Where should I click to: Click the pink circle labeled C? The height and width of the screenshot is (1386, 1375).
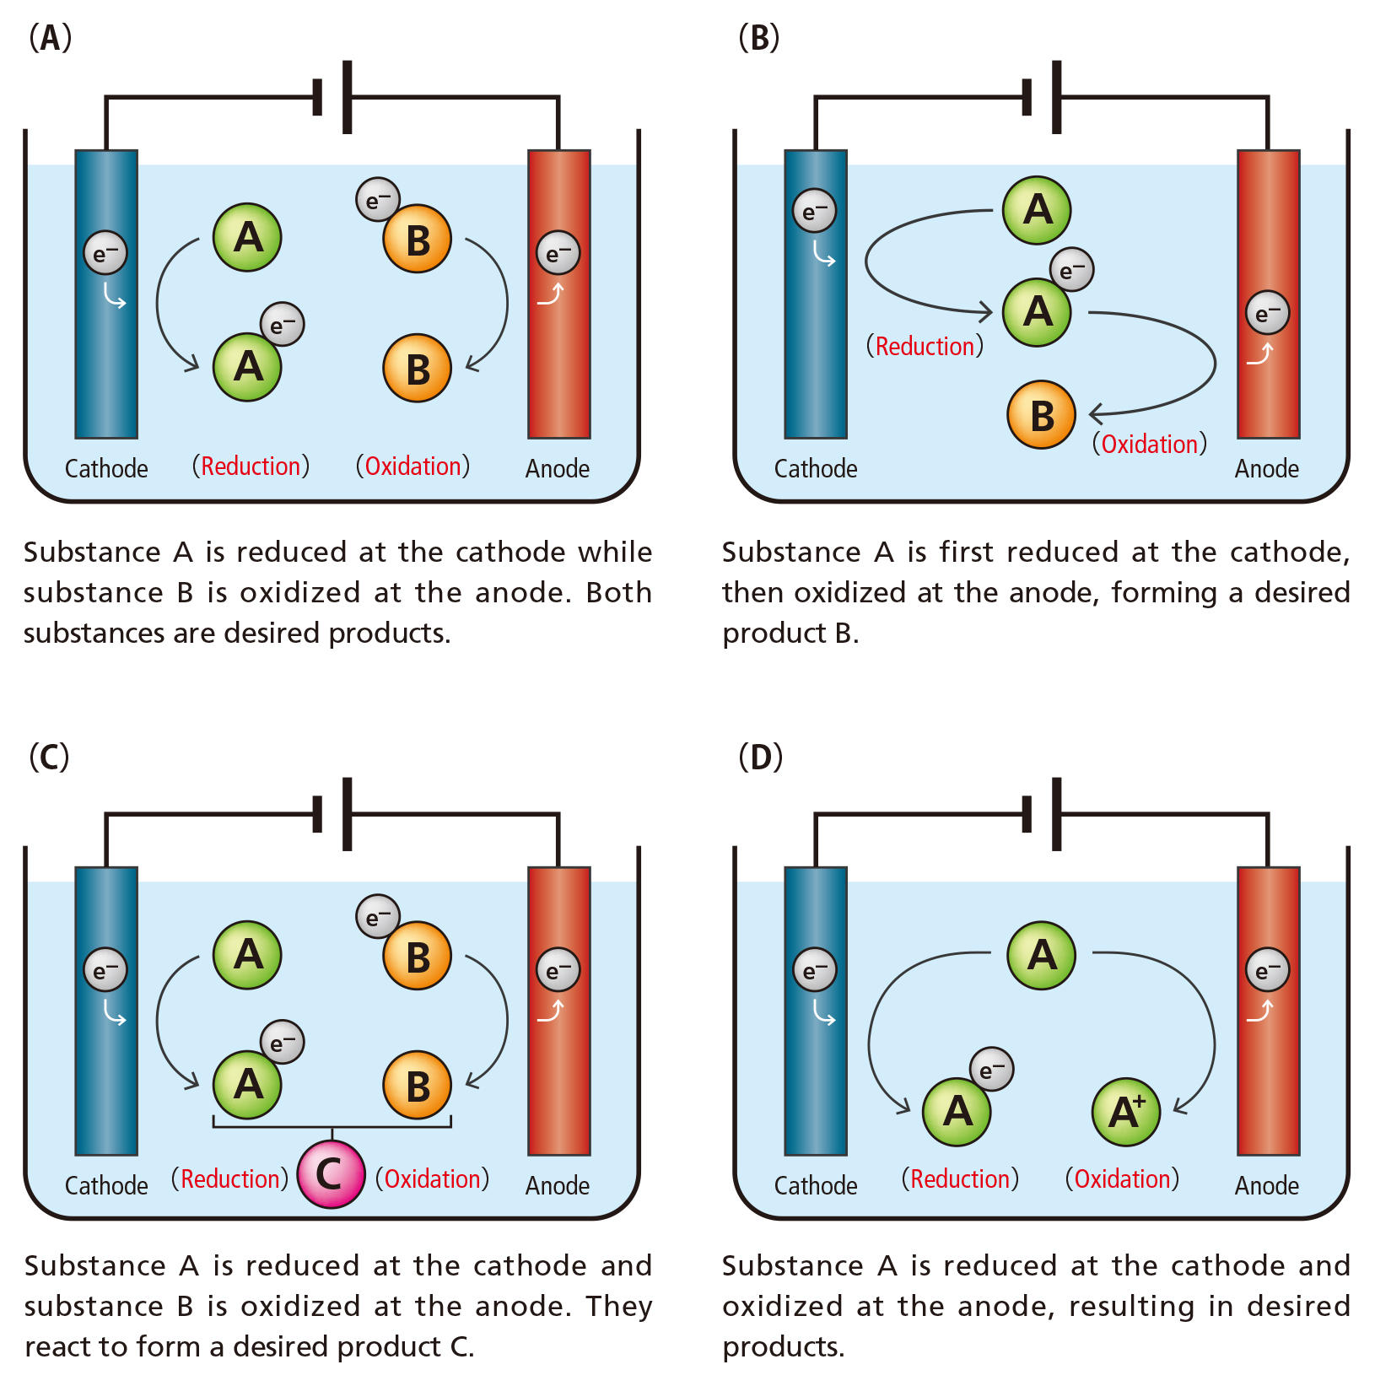[331, 1173]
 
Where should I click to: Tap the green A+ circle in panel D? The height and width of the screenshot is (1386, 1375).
[1125, 1112]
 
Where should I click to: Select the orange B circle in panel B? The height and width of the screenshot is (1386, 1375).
[1041, 414]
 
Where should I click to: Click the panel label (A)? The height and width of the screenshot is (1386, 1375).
[50, 38]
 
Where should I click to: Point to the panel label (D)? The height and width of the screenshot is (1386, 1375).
[760, 757]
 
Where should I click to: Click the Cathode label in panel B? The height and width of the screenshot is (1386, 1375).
[816, 469]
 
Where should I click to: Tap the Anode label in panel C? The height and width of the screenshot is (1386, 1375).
[558, 1186]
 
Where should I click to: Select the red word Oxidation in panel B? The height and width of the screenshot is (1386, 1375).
[1150, 445]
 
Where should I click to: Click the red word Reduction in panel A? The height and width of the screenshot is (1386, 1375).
[251, 466]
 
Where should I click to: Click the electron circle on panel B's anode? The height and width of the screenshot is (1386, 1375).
[1267, 313]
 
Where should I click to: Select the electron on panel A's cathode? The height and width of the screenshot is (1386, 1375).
[105, 253]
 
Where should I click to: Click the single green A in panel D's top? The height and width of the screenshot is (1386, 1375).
[1041, 955]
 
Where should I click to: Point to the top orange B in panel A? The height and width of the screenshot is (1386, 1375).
[417, 240]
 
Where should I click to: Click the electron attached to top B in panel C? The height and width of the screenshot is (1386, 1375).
[377, 916]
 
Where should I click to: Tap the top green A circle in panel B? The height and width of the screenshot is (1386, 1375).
[1037, 210]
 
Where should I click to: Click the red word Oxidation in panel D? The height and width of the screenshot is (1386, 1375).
[1122, 1179]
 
